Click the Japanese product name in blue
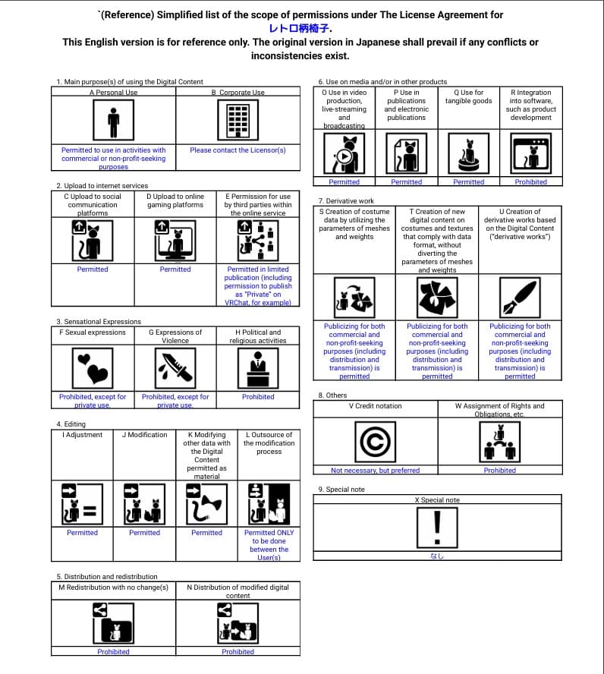click(300, 28)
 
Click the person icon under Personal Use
click(114, 121)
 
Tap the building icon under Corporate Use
click(238, 121)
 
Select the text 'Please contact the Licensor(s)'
click(238, 150)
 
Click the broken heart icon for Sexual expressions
click(93, 368)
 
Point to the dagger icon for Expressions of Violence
click(175, 368)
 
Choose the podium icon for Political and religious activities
click(258, 368)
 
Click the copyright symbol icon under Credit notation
click(375, 441)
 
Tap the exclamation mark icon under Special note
click(436, 527)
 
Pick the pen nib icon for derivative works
click(520, 297)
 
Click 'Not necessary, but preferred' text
click(375, 471)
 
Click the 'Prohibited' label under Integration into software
click(530, 182)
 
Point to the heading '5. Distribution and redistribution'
click(107, 577)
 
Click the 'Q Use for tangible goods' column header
click(468, 96)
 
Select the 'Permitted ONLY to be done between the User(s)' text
click(269, 545)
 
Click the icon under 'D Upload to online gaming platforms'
click(175, 240)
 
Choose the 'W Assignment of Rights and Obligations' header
click(499, 410)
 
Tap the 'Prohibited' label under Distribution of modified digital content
click(238, 652)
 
